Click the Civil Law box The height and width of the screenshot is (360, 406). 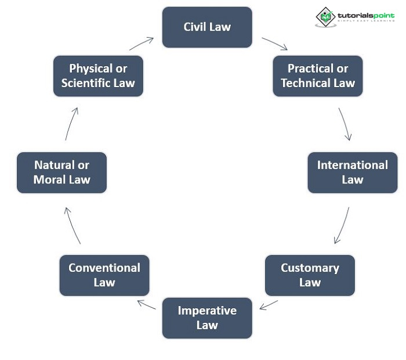click(x=207, y=27)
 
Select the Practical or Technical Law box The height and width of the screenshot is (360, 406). click(x=318, y=76)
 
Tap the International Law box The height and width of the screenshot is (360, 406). click(x=352, y=172)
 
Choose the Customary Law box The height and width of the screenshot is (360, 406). click(x=310, y=275)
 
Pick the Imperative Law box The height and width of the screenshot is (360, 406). click(x=207, y=318)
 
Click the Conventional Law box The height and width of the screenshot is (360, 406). click(x=104, y=275)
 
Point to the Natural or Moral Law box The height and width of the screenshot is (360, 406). click(x=61, y=172)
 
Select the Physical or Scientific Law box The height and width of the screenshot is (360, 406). click(x=98, y=76)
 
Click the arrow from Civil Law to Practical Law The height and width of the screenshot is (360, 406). click(x=274, y=44)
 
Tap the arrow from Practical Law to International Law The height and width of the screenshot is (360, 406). click(x=345, y=124)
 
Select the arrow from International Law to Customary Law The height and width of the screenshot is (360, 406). click(x=342, y=225)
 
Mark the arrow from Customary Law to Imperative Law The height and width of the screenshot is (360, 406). click(x=269, y=305)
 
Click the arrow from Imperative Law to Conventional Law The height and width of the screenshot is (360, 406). click(x=146, y=305)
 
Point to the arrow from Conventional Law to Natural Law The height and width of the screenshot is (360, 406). click(x=72, y=225)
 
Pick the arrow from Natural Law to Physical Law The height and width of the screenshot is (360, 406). click(x=71, y=124)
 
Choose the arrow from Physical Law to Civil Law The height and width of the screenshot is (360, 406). click(x=141, y=44)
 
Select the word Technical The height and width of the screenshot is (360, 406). click(x=308, y=83)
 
